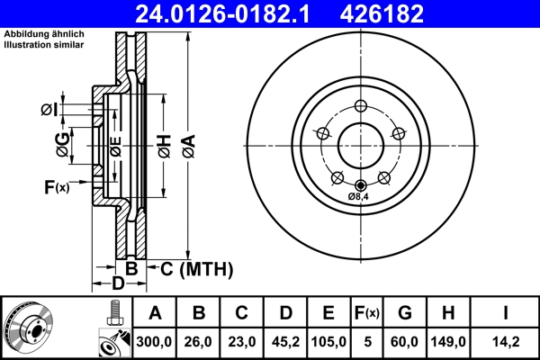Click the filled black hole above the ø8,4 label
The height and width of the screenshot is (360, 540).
[x=361, y=185]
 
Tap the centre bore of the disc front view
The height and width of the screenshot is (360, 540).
[x=361, y=145]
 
